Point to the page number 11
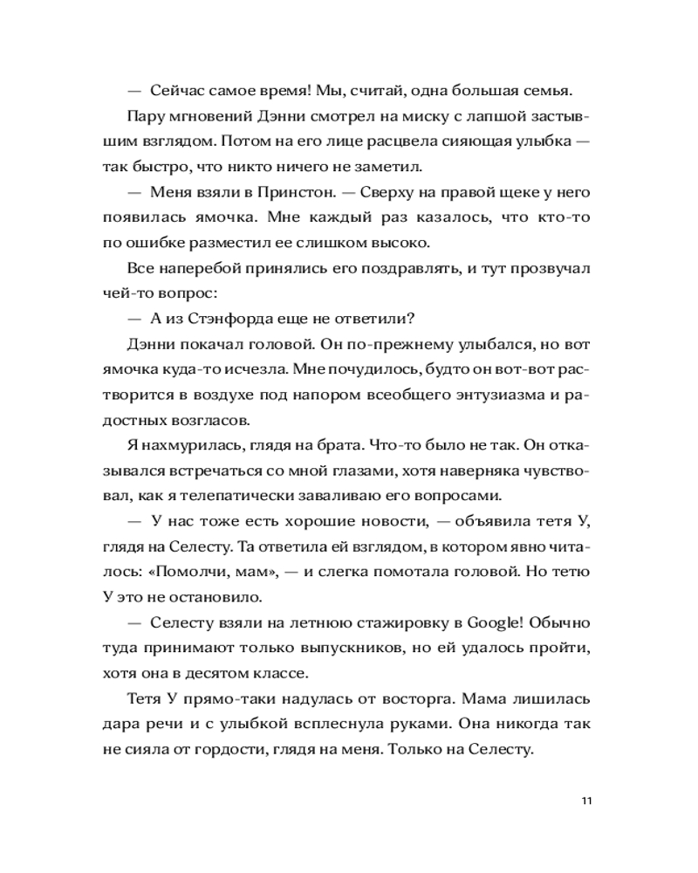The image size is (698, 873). point(585,801)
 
